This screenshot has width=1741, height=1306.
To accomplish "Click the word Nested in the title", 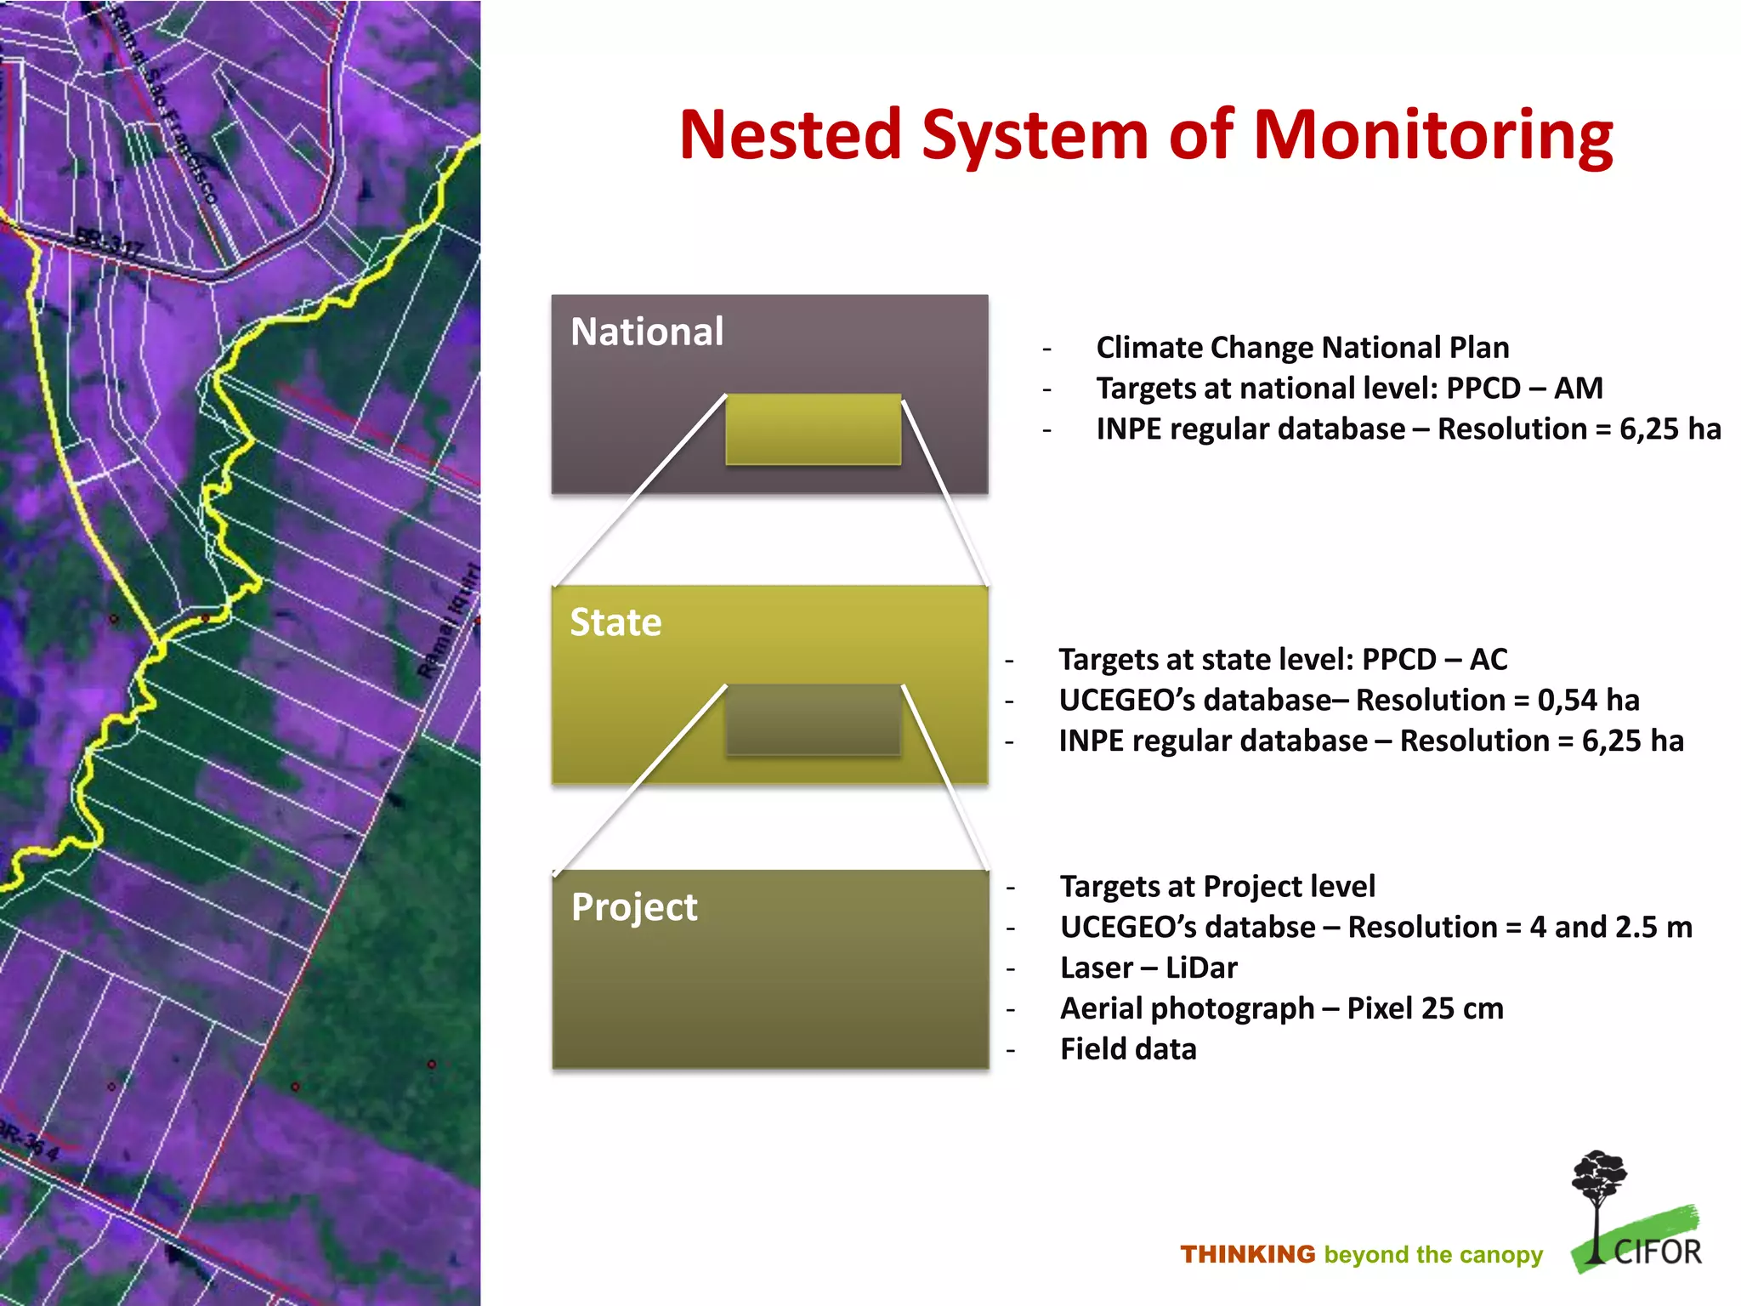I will point(791,136).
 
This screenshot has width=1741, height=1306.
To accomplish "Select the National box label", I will point(647,332).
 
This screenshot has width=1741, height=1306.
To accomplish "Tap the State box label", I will point(615,622).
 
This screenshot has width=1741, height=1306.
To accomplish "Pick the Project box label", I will point(634,907).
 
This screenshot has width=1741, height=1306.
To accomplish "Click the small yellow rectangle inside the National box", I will point(813,429).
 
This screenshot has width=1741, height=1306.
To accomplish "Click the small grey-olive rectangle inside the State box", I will point(813,719).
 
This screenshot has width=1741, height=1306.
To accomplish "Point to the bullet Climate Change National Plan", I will point(1302,348).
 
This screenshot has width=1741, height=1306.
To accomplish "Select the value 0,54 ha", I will point(1588,700).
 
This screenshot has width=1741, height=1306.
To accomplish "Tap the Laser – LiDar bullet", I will point(1148,968).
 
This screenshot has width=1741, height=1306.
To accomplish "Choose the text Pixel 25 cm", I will point(1425,1008).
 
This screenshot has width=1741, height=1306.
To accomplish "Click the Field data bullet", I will point(1128,1049).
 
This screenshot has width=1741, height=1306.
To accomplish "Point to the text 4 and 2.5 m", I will point(1610,927).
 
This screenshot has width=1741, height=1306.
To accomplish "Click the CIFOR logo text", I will point(1657,1252).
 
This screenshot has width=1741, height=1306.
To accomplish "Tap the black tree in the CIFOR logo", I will point(1598,1190).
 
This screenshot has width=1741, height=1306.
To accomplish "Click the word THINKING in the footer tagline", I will point(1247,1254).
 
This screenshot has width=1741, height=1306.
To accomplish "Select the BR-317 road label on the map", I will point(109,242).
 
